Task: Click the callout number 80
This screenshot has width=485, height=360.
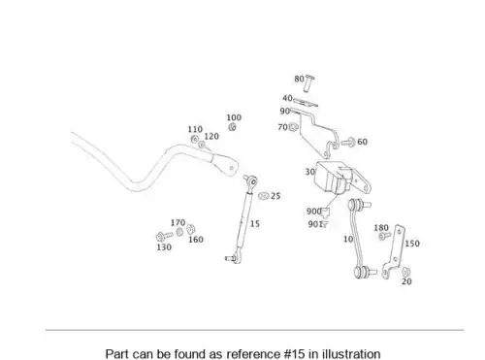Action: (299, 79)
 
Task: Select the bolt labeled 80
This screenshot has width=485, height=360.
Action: (309, 83)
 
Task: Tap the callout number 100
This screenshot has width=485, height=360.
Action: (234, 117)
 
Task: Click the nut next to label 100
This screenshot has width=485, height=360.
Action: (232, 127)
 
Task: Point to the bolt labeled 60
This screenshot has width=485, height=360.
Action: (348, 142)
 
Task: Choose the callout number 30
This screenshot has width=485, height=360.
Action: (310, 172)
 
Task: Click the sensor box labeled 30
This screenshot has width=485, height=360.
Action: (333, 178)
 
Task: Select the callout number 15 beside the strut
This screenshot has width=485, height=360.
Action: (255, 224)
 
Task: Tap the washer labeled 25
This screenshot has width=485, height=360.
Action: (264, 196)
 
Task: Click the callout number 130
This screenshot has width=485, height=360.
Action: (164, 247)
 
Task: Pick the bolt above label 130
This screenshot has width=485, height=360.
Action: (164, 237)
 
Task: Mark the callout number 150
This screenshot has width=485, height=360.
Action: (412, 244)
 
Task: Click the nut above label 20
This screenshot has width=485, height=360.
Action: (406, 273)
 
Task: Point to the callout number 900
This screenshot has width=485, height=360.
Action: (313, 212)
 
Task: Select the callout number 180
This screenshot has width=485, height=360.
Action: (381, 228)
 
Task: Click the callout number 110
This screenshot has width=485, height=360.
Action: (195, 129)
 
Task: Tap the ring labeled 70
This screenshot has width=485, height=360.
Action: (293, 127)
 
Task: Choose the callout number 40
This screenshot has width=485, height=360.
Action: (287, 98)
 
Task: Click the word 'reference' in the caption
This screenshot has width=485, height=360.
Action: (253, 353)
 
